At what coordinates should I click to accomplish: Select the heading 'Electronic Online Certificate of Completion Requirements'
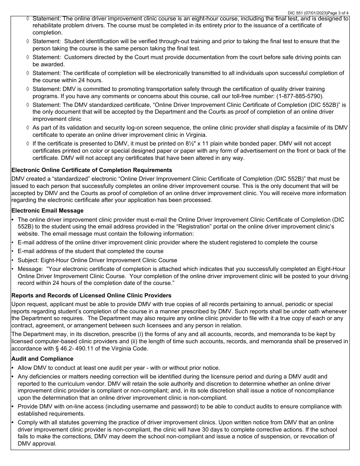(92, 170)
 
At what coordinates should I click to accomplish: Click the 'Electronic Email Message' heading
(47, 211)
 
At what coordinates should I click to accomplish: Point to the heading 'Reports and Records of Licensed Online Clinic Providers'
(91, 295)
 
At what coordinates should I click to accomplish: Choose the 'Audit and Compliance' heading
(42, 358)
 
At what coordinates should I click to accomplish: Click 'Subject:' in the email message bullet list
(29, 260)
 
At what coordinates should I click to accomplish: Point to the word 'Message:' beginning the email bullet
(30, 269)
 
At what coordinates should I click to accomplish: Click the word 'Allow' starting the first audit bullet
(25, 367)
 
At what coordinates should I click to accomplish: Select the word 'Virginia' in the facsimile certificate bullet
(195, 135)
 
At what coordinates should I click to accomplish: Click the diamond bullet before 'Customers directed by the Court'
(28, 57)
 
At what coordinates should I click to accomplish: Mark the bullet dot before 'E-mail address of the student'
(13, 251)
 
